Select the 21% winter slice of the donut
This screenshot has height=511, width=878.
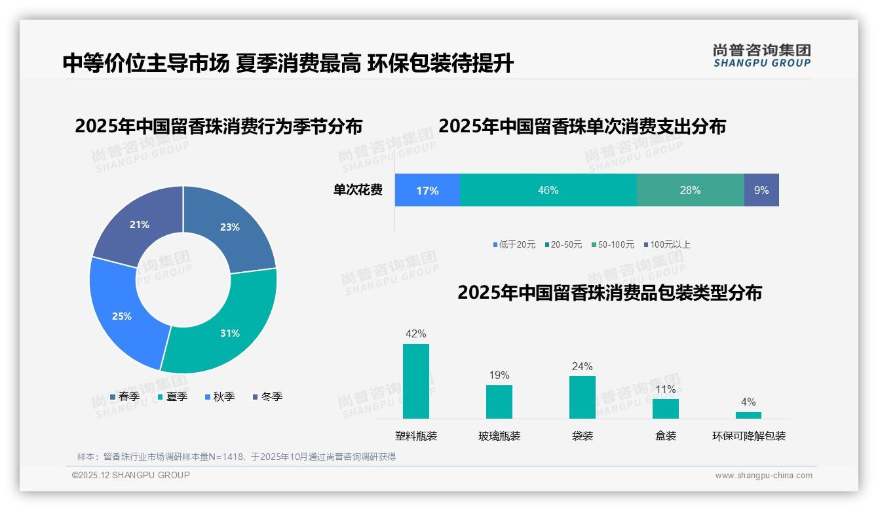click(x=139, y=224)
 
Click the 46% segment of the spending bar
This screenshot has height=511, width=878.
click(x=548, y=190)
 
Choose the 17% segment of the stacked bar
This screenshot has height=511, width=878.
click(x=427, y=190)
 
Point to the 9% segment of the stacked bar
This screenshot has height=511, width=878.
click(x=761, y=190)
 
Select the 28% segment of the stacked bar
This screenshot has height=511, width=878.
click(x=690, y=190)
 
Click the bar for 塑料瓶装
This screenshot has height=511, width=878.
click(x=416, y=381)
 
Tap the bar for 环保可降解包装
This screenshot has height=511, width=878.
click(x=748, y=415)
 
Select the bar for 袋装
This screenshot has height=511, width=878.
click(x=582, y=397)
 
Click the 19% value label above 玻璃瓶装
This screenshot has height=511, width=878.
click(x=499, y=375)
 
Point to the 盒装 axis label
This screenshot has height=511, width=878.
click(x=666, y=436)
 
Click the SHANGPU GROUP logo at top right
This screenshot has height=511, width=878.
click(x=762, y=56)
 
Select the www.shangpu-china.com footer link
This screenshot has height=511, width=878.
click(x=763, y=475)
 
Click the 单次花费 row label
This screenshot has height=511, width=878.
click(x=358, y=190)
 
